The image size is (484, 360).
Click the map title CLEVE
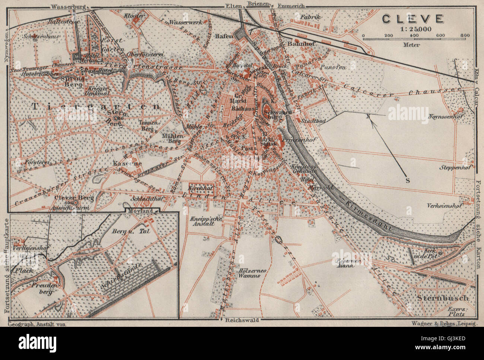413,18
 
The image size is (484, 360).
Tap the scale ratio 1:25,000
413,28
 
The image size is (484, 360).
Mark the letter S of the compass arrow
407,181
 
